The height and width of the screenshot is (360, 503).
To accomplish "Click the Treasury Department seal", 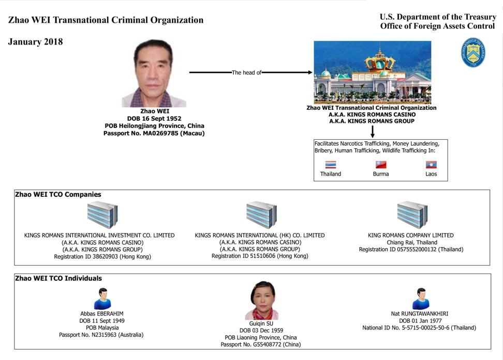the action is click(x=473, y=53).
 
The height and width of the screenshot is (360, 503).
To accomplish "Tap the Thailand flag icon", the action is click(x=330, y=165).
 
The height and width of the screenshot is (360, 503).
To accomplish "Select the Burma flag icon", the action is click(x=381, y=165).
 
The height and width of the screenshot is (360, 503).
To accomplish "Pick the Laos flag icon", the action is click(x=431, y=165).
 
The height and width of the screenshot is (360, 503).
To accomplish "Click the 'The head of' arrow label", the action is click(x=246, y=73).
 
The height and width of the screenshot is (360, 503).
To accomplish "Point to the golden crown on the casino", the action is click(x=379, y=61).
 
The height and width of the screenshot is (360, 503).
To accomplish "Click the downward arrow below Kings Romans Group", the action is click(x=373, y=132).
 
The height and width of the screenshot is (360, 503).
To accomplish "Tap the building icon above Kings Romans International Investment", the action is click(x=102, y=214).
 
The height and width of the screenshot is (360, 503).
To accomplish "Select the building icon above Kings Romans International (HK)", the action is click(x=261, y=214).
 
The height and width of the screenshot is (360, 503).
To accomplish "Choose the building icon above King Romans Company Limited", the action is click(x=412, y=214).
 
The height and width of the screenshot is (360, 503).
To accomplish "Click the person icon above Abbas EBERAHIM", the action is click(x=102, y=299).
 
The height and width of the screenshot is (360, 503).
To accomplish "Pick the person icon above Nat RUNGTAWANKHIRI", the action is click(x=421, y=299).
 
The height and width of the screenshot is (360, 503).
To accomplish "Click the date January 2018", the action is click(x=35, y=42).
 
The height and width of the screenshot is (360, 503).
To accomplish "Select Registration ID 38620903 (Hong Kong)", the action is click(x=102, y=256).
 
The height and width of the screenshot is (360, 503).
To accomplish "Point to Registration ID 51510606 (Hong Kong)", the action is click(x=260, y=256).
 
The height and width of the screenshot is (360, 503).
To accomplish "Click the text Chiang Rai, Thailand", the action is click(x=412, y=242).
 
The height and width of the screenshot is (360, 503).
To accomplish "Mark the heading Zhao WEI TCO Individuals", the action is click(x=58, y=279).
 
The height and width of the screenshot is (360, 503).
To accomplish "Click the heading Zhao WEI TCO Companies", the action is click(x=58, y=194).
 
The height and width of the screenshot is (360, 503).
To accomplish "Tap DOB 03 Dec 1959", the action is click(x=261, y=330).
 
